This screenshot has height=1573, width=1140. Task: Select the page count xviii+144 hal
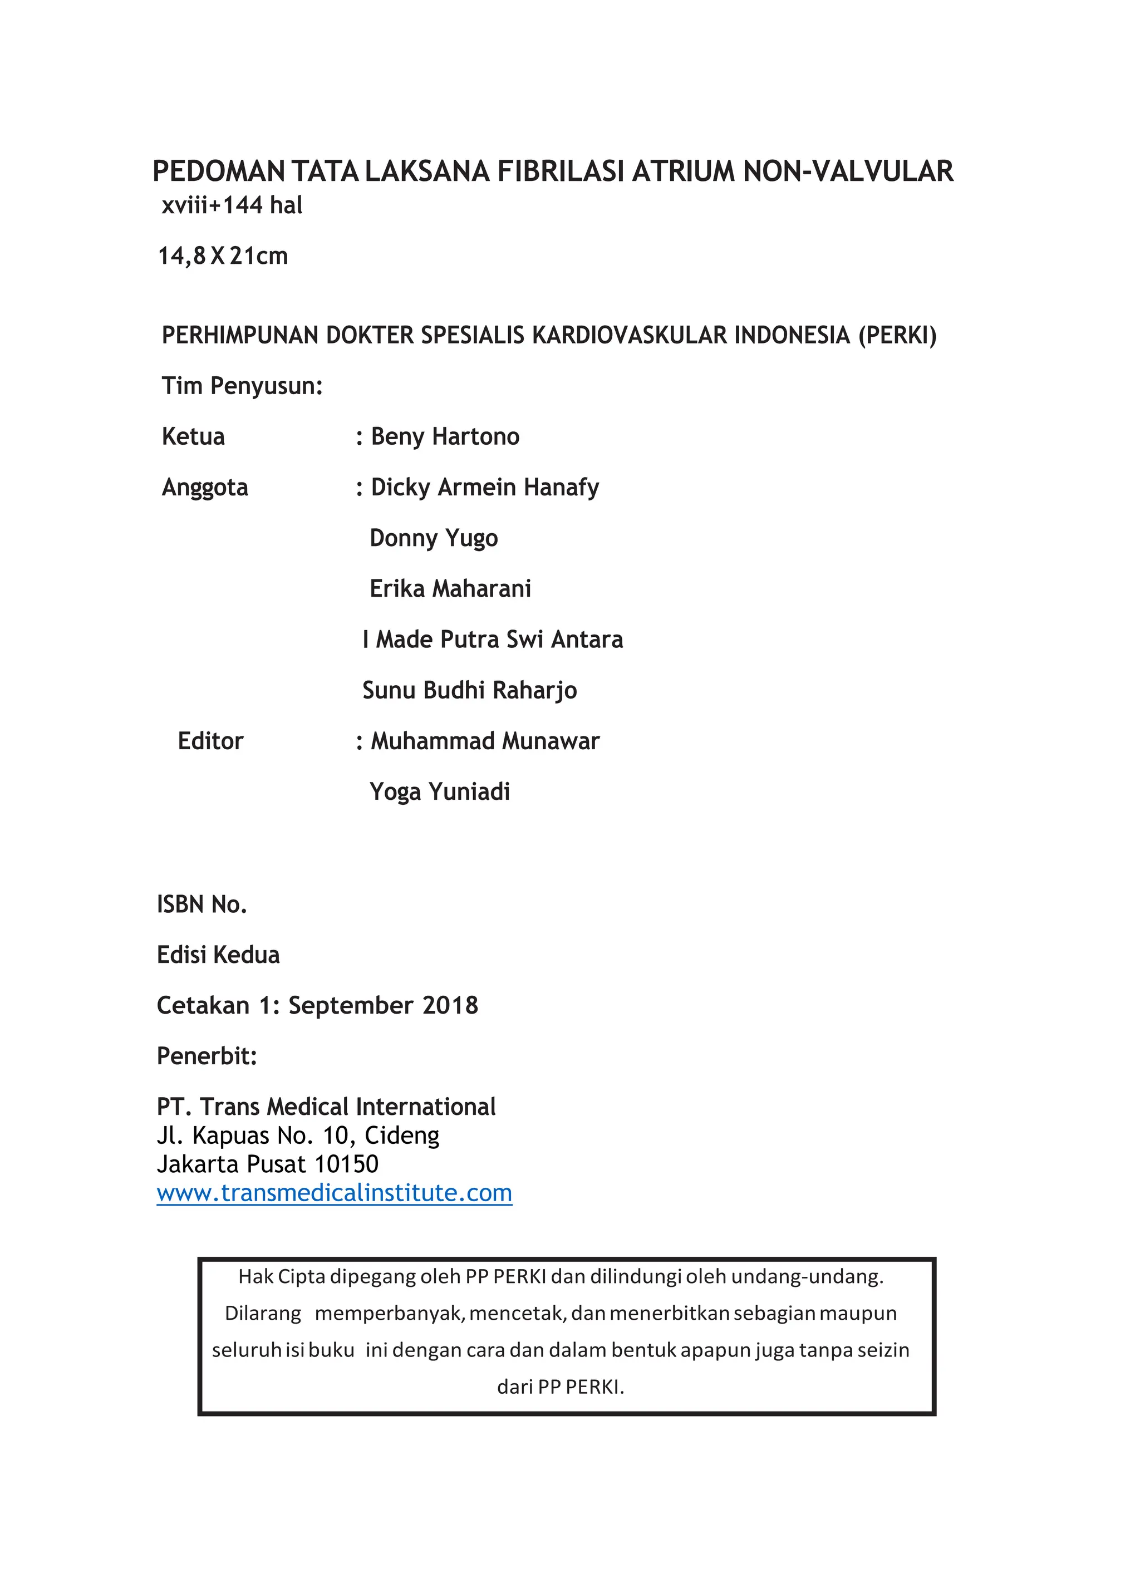(232, 205)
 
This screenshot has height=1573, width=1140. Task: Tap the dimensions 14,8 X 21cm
(223, 256)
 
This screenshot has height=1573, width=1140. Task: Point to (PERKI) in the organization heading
(897, 335)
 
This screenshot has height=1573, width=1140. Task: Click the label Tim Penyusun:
(242, 386)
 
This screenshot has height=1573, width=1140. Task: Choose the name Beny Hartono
(445, 436)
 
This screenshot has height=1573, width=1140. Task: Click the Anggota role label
(204, 488)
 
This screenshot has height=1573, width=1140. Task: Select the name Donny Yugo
(434, 538)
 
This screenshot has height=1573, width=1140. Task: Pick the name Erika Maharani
(450, 589)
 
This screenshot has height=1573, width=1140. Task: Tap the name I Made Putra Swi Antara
(492, 640)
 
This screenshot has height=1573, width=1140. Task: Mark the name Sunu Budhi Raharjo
(469, 690)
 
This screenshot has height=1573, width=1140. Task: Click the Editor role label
(210, 741)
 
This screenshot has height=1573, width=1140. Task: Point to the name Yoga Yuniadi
(440, 792)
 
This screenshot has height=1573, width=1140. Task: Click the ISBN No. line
(202, 905)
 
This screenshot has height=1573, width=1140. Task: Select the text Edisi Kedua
(218, 955)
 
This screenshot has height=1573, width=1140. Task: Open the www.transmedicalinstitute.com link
(334, 1193)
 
